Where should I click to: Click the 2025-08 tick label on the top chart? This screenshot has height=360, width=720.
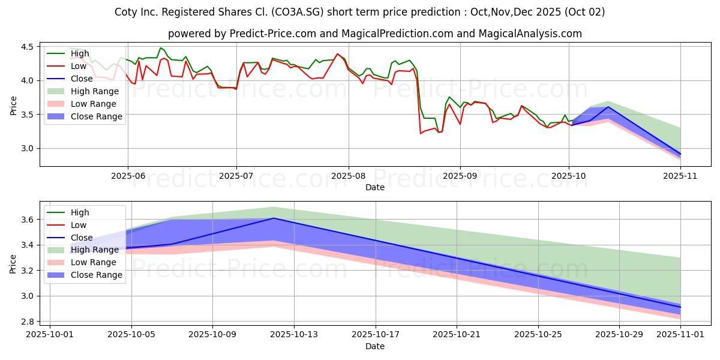[348, 176]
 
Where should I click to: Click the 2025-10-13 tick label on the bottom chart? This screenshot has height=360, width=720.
[294, 335]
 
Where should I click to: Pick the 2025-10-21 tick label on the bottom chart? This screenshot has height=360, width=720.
[457, 335]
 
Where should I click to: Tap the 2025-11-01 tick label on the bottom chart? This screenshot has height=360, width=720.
[680, 335]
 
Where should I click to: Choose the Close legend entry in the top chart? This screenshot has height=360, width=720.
[82, 79]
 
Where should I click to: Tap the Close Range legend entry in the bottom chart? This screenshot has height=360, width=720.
[97, 275]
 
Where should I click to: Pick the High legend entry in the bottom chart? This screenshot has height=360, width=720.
[80, 212]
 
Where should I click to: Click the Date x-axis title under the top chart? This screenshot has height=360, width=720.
[375, 187]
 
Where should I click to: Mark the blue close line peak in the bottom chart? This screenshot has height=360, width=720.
[274, 218]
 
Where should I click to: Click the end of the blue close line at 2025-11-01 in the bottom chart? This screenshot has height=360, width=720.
[680, 307]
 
